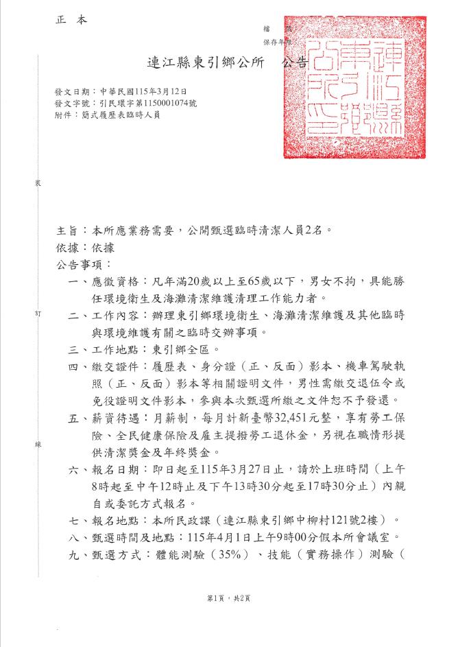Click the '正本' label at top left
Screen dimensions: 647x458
(72, 21)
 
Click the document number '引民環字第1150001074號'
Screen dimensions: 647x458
(147, 103)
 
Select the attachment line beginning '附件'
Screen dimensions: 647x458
(108, 115)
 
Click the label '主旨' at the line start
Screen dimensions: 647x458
(69, 231)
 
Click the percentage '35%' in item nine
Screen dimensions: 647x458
(232, 554)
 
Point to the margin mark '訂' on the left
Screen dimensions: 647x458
(38, 313)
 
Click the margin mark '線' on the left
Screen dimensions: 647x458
(38, 445)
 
